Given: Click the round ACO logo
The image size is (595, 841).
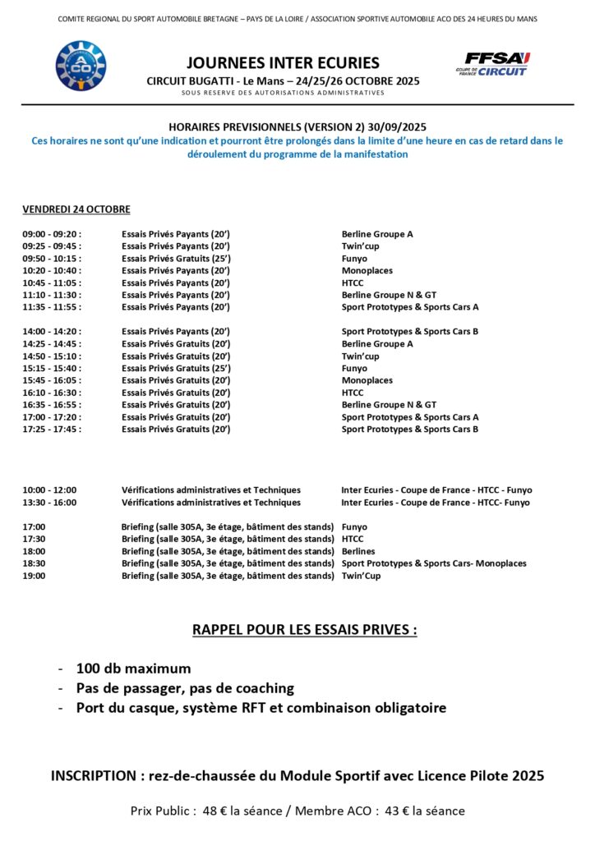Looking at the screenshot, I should [x=81, y=66].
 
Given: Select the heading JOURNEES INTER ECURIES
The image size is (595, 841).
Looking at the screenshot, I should [x=283, y=62].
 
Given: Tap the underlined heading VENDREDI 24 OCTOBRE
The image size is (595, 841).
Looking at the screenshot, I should [x=76, y=209].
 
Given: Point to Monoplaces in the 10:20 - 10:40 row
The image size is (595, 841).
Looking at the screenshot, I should [x=367, y=271].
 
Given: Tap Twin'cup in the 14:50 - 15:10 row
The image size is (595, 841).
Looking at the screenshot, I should [x=360, y=356].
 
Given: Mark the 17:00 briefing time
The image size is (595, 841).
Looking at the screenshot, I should [x=34, y=527].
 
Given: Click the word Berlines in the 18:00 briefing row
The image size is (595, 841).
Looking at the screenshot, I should [x=358, y=551].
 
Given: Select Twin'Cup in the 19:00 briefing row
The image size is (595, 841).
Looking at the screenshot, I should [x=361, y=576].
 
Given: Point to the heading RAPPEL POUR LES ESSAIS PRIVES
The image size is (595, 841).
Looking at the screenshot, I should [x=304, y=630].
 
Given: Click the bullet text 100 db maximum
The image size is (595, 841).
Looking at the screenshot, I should [x=133, y=669].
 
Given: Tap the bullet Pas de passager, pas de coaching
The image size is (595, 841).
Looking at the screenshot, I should [x=185, y=688].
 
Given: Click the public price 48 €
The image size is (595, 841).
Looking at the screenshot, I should [x=214, y=811].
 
